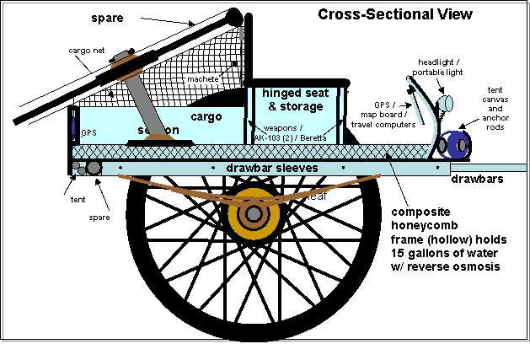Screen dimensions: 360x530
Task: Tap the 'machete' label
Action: (x=202, y=79)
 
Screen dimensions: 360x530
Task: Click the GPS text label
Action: (x=89, y=133)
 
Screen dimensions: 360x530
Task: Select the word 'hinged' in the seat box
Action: (x=280, y=93)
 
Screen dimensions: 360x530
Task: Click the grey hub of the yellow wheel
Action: (x=252, y=215)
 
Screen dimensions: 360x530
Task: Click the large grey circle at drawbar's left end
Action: (x=94, y=168)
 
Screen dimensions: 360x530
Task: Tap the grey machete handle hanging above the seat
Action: (x=243, y=35)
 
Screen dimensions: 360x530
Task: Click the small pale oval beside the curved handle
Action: (x=446, y=103)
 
